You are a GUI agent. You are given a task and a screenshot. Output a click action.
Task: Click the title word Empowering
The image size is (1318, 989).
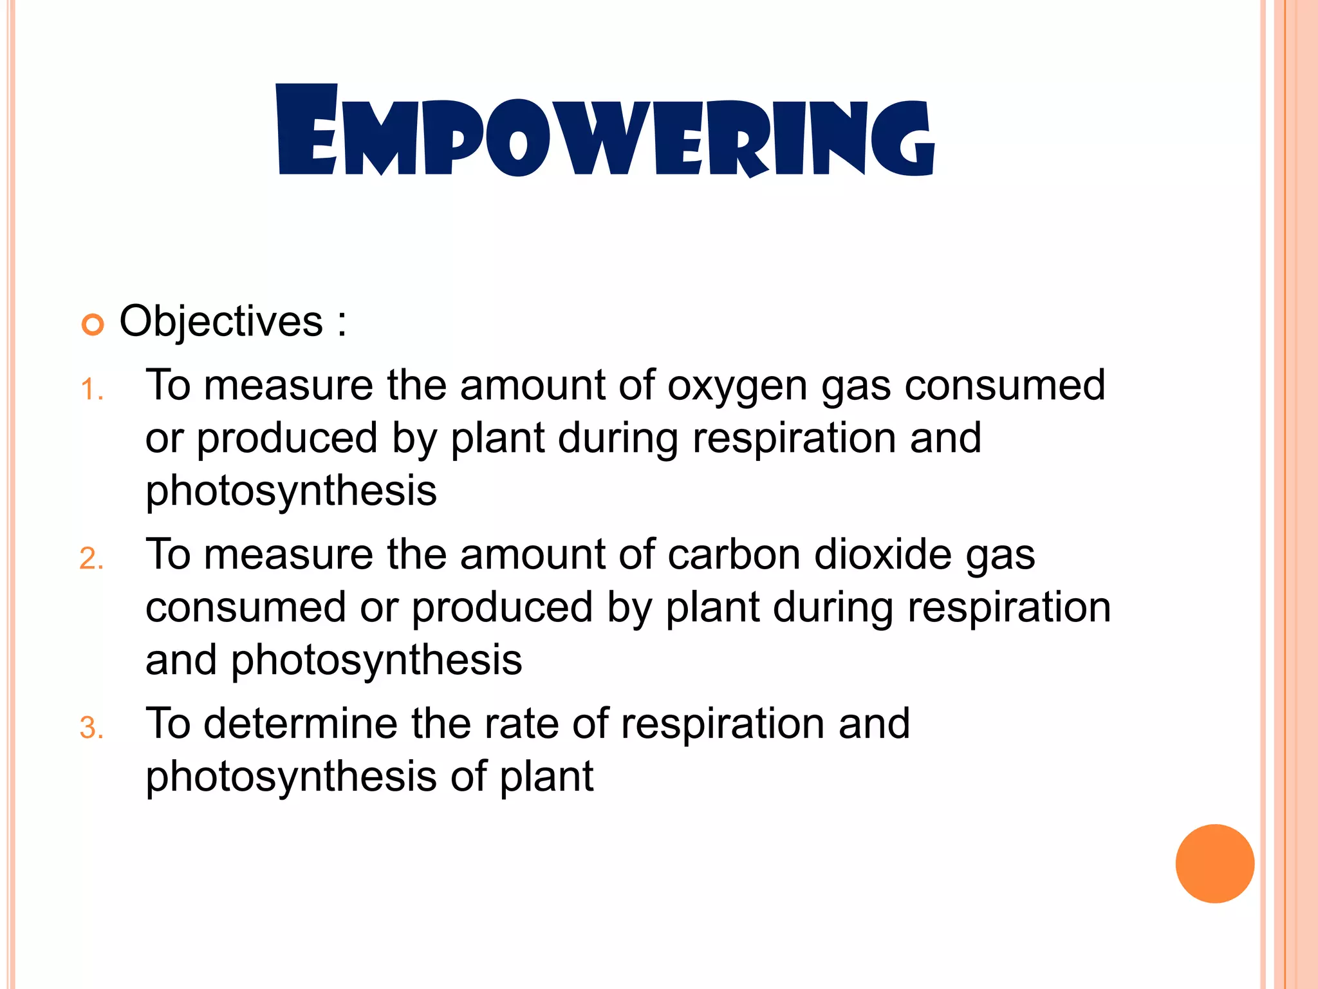[605, 132]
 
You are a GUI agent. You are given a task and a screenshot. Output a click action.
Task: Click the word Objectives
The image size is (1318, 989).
[221, 321]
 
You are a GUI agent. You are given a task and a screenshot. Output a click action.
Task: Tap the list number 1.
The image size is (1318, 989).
[91, 390]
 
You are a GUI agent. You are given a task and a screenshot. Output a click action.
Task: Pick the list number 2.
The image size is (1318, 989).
[91, 559]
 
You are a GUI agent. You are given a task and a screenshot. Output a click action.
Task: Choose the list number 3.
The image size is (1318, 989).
[91, 728]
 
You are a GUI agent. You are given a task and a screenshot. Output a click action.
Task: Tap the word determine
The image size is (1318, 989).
[301, 724]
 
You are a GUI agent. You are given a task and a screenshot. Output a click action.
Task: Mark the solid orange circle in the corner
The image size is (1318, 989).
[1214, 863]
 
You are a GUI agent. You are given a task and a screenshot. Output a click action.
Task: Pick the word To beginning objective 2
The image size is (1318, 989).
[169, 554]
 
